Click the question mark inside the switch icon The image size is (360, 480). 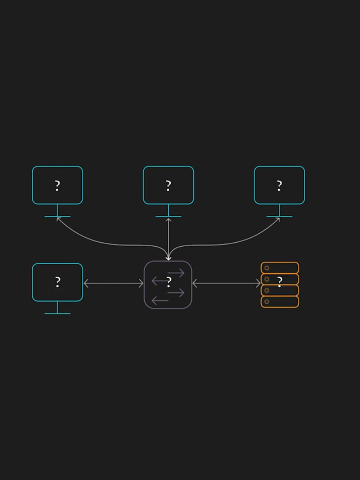click(x=169, y=282)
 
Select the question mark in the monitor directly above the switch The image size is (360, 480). click(x=168, y=186)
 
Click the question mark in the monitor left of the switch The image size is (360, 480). click(x=57, y=282)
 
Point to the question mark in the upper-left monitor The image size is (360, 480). click(x=57, y=186)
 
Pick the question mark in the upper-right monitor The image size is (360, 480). click(x=279, y=186)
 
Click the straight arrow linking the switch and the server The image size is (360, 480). click(x=227, y=283)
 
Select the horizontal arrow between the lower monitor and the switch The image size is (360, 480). click(x=113, y=283)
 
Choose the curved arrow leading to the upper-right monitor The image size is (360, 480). click(x=239, y=241)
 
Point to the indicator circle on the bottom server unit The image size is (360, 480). click(x=267, y=302)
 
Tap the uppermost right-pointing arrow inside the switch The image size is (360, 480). click(x=176, y=273)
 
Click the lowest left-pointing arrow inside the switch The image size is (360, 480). click(x=159, y=301)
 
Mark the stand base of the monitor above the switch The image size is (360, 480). click(x=168, y=216)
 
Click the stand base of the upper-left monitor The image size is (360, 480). click(x=57, y=216)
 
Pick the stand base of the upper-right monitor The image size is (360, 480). click(x=279, y=216)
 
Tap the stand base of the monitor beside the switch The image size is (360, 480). click(x=57, y=313)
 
